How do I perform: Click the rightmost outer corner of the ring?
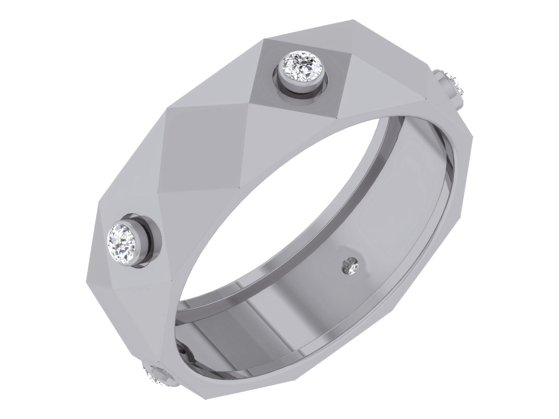coord(474,138)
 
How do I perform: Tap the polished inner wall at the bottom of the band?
coord(260,319)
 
